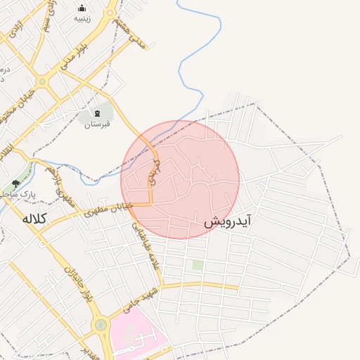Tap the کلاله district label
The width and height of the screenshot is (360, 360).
(x=33, y=219)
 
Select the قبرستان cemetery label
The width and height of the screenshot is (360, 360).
(x=98, y=124)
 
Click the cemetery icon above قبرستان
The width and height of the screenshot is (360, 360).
(x=98, y=113)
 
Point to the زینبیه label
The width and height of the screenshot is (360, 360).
(x=82, y=19)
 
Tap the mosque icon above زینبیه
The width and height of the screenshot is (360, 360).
(x=82, y=8)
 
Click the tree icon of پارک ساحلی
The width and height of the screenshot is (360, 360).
(x=16, y=184)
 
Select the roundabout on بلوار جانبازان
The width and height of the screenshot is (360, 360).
(x=101, y=326)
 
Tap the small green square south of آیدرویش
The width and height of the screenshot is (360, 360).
(x=198, y=265)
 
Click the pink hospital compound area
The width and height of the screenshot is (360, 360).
(x=137, y=337)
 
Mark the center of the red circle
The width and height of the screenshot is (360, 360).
(x=180, y=179)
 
